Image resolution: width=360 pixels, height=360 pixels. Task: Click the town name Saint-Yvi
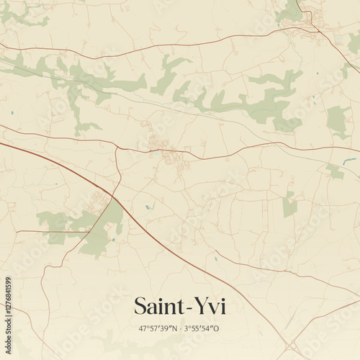coord(180,307)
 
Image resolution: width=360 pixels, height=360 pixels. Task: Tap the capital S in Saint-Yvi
coord(142,307)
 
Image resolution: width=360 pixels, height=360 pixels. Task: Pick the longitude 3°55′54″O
coord(202,328)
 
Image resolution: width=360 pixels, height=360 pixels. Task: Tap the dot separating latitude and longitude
coord(180,328)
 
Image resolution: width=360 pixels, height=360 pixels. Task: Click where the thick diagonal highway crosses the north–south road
coord(113,195)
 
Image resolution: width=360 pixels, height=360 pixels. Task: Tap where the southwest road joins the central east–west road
coord(118,147)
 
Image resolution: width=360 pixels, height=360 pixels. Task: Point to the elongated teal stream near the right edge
coord(349,161)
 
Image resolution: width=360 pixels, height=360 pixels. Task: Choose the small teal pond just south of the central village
coord(148,207)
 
